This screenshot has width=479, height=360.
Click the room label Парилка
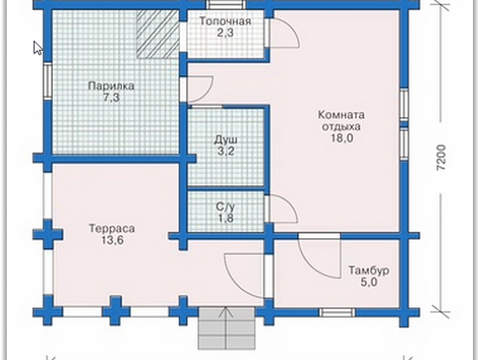(111, 86)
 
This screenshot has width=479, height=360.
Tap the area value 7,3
(111, 98)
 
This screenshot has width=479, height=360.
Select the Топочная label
(225, 21)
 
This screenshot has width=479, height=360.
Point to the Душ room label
(226, 140)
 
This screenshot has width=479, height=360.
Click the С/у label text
(226, 206)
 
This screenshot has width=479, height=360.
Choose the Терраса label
(112, 228)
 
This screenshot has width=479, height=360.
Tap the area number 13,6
(113, 240)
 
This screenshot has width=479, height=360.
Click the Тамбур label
(369, 271)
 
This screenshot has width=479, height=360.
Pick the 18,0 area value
(341, 138)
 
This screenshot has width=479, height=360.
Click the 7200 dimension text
(441, 158)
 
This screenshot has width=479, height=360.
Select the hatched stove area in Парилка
(157, 33)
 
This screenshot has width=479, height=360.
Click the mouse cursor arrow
(38, 48)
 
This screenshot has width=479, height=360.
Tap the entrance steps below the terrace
(227, 328)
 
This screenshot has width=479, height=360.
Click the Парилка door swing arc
(206, 92)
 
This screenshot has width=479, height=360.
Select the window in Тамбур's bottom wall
(337, 312)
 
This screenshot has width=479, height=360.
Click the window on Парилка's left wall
(48, 81)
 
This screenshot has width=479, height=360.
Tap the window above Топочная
(227, 5)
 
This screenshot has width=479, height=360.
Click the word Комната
(341, 115)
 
